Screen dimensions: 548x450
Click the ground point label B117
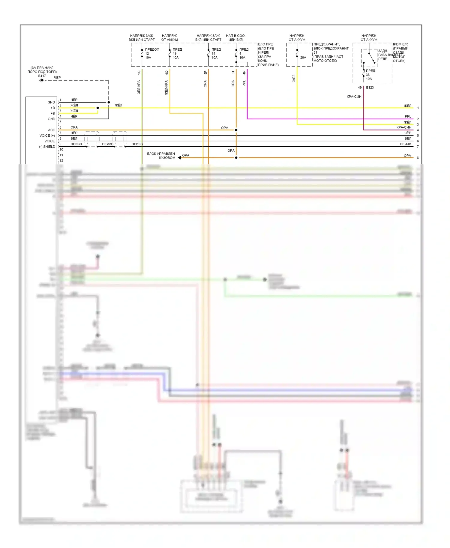[42, 76]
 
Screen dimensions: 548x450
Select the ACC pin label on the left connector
[52, 130]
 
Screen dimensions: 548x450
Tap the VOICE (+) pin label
[47, 136]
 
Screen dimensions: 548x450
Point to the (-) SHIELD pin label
[47, 147]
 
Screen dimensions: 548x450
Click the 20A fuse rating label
[303, 58]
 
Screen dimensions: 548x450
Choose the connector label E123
[370, 88]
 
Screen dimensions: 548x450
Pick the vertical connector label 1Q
[139, 73]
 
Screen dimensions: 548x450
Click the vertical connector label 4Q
[166, 73]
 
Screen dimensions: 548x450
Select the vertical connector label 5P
[205, 73]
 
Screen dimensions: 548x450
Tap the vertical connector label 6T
[233, 73]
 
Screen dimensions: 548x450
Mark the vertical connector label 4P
[244, 73]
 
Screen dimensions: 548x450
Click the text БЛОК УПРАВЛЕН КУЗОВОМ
[161, 156]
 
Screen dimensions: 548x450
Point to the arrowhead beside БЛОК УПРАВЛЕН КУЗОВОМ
[179, 158]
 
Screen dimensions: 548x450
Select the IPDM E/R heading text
[400, 44]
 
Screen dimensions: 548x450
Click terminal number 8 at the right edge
[418, 158]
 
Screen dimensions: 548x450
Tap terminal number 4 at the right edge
[418, 130]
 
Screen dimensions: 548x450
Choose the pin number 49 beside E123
[360, 88]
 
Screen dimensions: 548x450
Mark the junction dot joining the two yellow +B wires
[98, 108]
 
